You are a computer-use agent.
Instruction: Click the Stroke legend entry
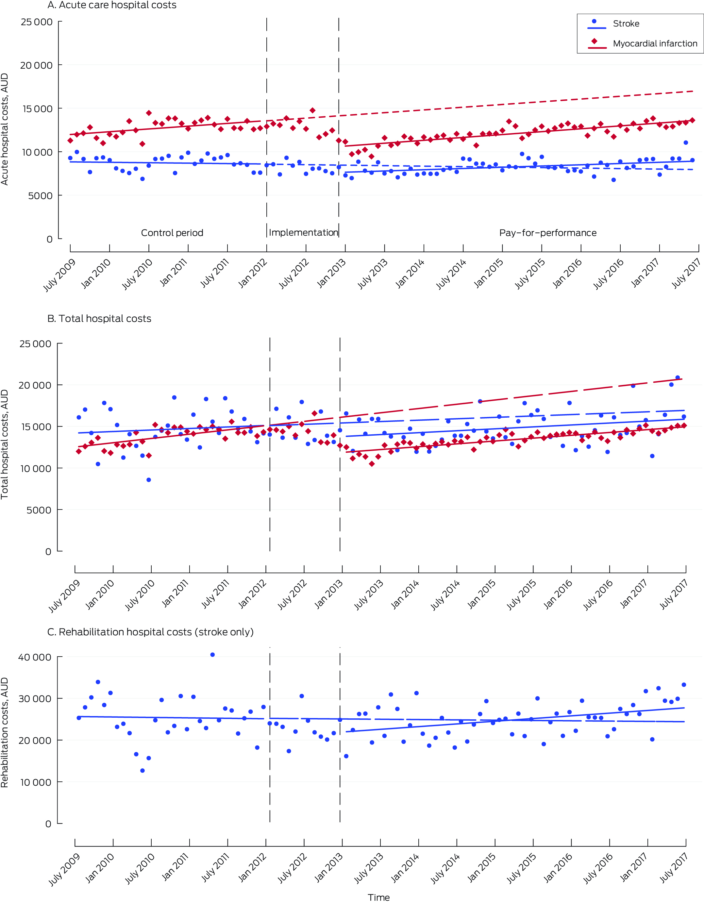point(626,24)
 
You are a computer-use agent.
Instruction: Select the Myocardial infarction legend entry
point(654,43)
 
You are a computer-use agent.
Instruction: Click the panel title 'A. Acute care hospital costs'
point(112,5)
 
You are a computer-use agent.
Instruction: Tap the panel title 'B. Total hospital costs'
point(99,318)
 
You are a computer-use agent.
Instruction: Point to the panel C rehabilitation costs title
point(150,632)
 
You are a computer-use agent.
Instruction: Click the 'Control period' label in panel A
point(172,233)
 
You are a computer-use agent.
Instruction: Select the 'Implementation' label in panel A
point(303,232)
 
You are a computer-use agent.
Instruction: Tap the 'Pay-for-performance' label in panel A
point(548,233)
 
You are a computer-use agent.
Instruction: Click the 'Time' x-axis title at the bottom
point(379,897)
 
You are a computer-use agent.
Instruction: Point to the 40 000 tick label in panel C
point(35,657)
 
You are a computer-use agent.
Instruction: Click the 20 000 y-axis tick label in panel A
point(36,65)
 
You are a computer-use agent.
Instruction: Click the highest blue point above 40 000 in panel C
point(212,655)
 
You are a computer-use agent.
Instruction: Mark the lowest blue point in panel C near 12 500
point(142,770)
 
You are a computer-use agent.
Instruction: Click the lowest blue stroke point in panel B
point(149,480)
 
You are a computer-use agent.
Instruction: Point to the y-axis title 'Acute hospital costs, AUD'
point(5,129)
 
